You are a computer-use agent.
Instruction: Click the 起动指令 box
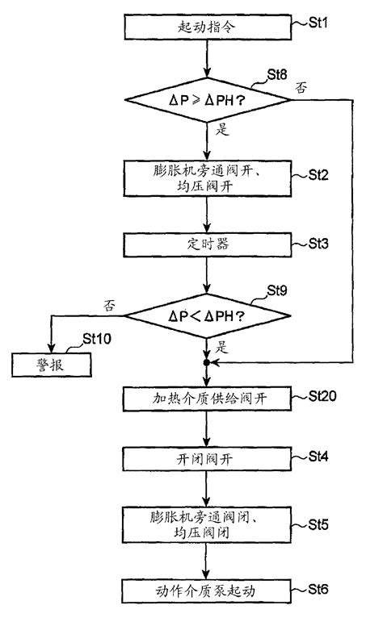point(208,27)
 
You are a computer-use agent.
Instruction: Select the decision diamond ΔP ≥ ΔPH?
point(208,100)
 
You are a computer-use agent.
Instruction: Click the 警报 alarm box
point(51,365)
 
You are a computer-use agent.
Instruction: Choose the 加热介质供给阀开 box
point(208,399)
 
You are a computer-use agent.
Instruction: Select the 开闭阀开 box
point(208,458)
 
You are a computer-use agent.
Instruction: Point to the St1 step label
point(320,15)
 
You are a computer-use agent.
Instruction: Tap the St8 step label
point(280,75)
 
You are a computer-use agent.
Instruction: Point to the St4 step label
point(320,456)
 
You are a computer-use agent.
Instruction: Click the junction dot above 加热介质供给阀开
point(208,365)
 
